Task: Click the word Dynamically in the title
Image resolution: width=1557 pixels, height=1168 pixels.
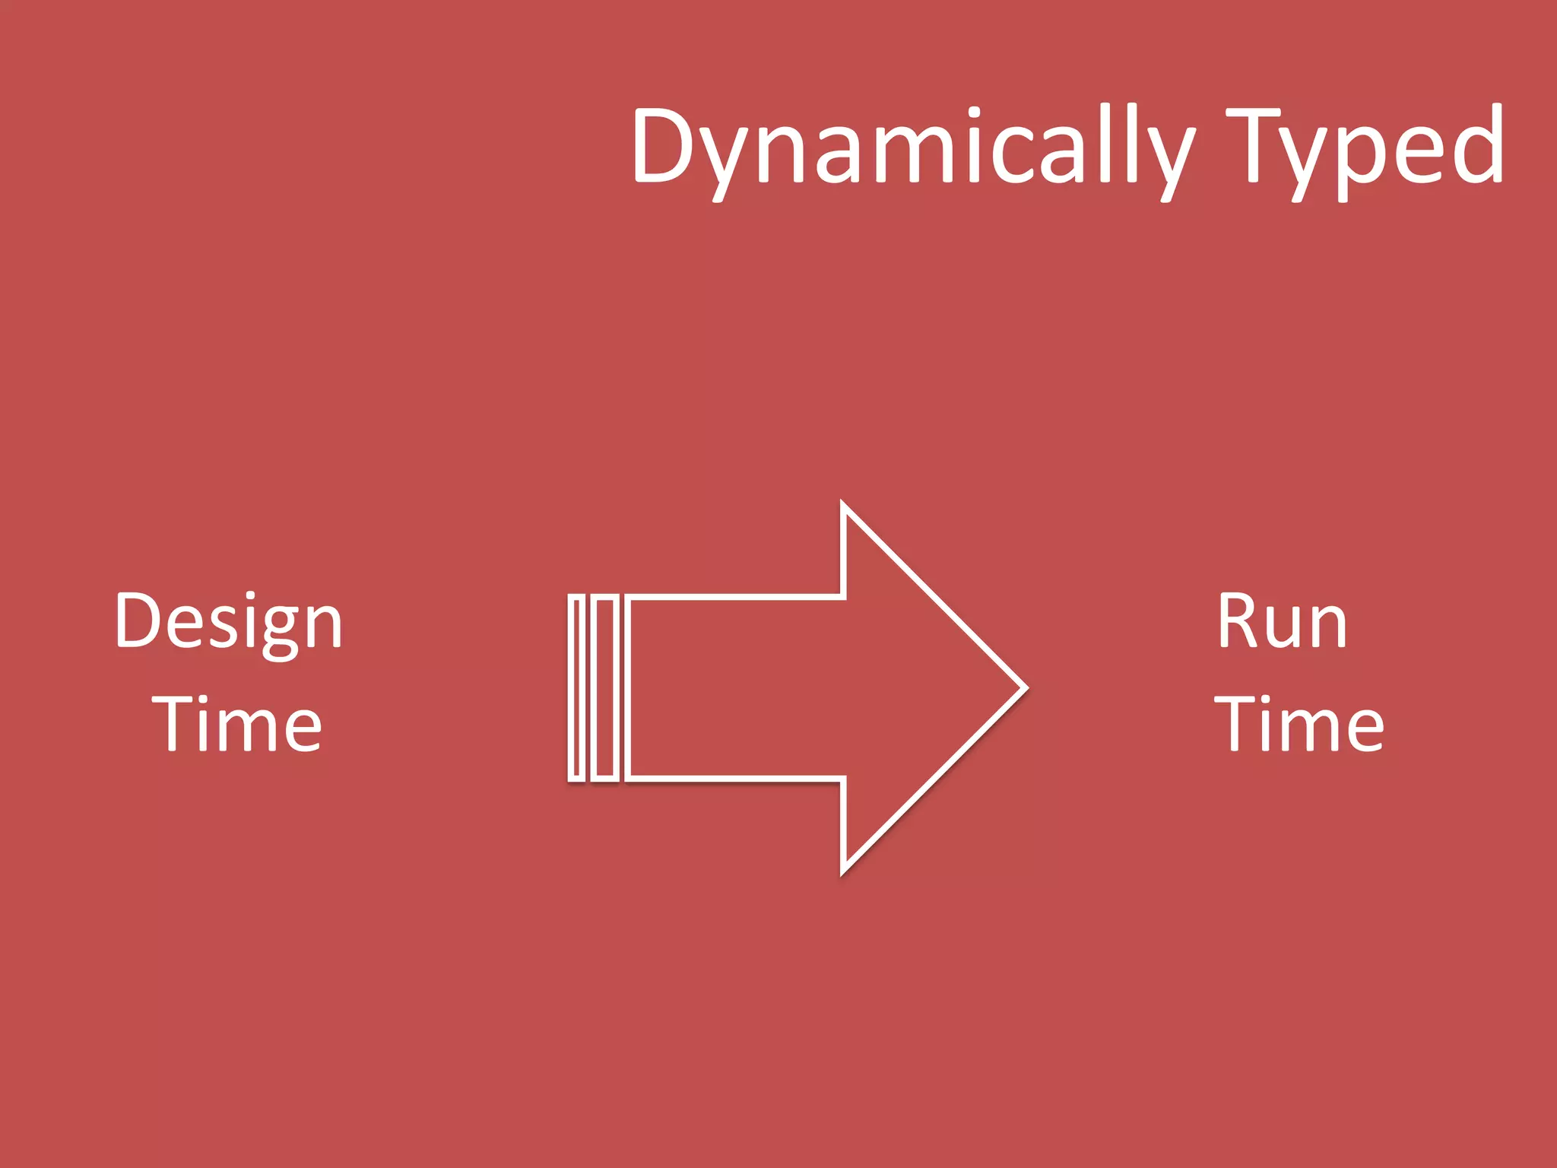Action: tap(912, 148)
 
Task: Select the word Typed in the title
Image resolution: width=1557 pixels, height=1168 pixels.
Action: tap(1365, 148)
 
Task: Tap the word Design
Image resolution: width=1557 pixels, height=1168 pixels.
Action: tap(229, 622)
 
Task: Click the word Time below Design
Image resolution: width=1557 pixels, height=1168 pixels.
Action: tap(237, 724)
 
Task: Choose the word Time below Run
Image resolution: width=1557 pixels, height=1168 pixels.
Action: tap(1299, 724)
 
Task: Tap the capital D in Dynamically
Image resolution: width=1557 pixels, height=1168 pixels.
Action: tap(661, 146)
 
